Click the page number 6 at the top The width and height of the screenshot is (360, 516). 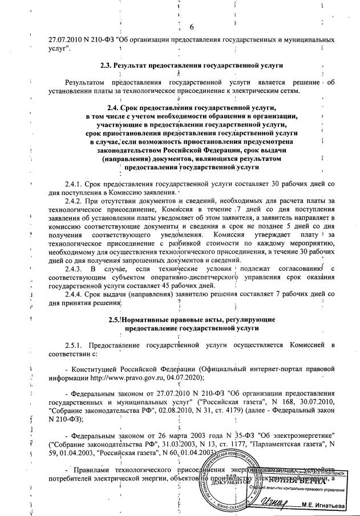[x=191, y=27]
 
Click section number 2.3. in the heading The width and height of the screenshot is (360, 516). [x=122, y=65]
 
